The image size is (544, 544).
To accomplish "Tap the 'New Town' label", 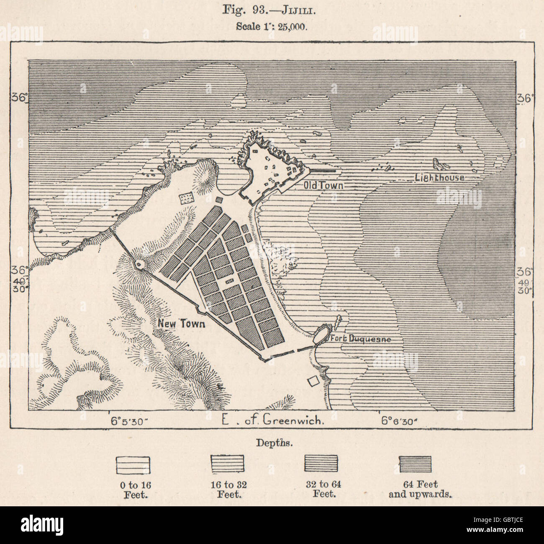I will pyautogui.click(x=181, y=323).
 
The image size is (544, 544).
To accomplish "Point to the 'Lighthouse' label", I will pyautogui.click(x=439, y=178).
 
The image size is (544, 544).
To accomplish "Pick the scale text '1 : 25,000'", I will pyautogui.click(x=272, y=26).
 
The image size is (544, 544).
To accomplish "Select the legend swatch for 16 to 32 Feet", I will pyautogui.click(x=227, y=464).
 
